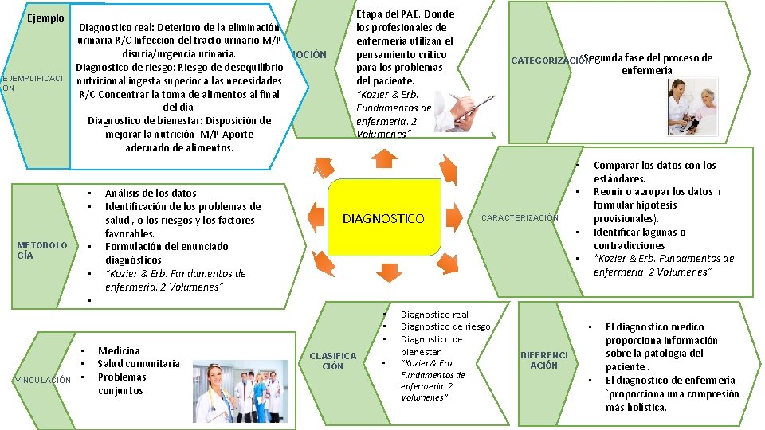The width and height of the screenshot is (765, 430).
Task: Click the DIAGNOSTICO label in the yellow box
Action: coord(383,218)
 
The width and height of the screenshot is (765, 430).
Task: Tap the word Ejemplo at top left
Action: coord(45,18)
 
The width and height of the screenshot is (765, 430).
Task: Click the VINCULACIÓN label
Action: coord(43,380)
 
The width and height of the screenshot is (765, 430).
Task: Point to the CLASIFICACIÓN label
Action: coord(332,361)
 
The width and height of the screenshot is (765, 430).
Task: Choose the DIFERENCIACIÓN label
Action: coord(544,360)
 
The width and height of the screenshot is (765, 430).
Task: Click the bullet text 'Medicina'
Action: coord(119,350)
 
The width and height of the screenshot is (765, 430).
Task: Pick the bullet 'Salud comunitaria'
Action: coord(139,364)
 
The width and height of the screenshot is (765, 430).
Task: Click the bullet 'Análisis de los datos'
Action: coord(151,193)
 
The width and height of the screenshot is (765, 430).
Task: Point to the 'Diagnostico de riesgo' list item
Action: coord(445,326)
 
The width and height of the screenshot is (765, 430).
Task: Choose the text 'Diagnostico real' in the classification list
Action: coord(434,315)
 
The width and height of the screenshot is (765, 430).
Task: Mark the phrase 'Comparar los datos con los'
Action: coord(655,166)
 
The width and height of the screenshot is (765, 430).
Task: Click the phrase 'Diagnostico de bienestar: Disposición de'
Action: coord(179,120)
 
